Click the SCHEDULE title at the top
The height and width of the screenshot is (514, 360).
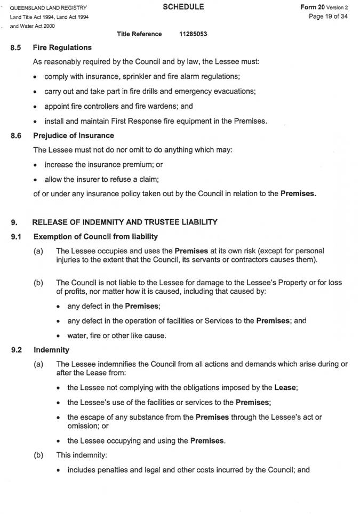click(x=182, y=7)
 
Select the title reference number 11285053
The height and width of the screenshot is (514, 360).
click(x=194, y=34)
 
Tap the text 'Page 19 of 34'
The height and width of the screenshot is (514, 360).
click(x=328, y=17)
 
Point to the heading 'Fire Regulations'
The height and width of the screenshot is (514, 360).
click(x=62, y=48)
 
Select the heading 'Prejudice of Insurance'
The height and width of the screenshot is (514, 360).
click(x=74, y=135)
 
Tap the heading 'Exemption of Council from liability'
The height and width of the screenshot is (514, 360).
click(x=95, y=236)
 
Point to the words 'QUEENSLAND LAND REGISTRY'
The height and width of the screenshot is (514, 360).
click(x=48, y=8)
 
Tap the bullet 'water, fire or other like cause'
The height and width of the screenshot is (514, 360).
click(x=117, y=335)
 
